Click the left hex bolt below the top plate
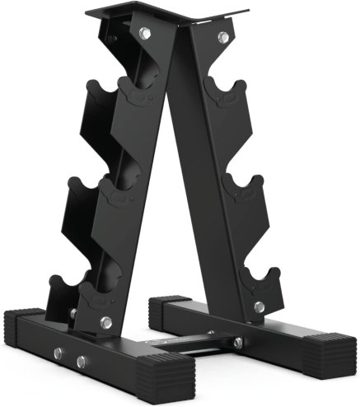(145, 34)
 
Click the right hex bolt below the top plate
(222, 37)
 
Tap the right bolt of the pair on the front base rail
(81, 361)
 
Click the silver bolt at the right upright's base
(259, 306)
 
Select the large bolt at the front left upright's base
(105, 322)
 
